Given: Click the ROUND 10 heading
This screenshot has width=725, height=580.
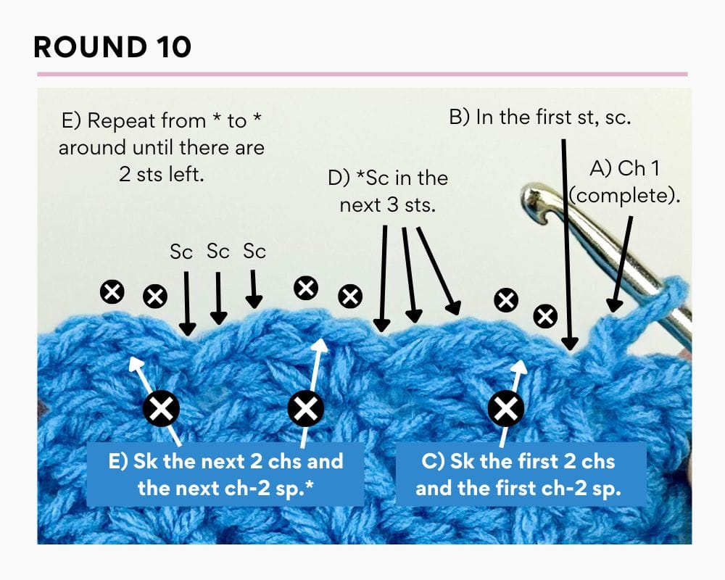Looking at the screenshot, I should pos(112,47).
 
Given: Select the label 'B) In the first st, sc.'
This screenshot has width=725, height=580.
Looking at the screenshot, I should pos(540,118).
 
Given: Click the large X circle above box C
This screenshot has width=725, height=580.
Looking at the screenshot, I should pos(505,410).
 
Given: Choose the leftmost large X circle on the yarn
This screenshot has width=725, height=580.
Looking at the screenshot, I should pos(162,410).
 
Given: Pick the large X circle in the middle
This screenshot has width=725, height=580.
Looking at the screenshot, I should pos(307,410).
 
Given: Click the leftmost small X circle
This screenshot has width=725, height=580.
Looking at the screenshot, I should pos(112,292).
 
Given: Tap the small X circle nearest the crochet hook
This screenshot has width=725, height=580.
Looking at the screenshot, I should pos(545,315).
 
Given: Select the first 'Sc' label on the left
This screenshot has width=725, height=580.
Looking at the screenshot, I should pos(181,252).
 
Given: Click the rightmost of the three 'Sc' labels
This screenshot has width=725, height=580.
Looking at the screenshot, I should pos(254,252).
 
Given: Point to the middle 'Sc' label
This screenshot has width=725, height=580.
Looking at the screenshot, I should pos(218,252).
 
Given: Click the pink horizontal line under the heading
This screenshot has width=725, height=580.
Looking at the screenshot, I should pos(362,74).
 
